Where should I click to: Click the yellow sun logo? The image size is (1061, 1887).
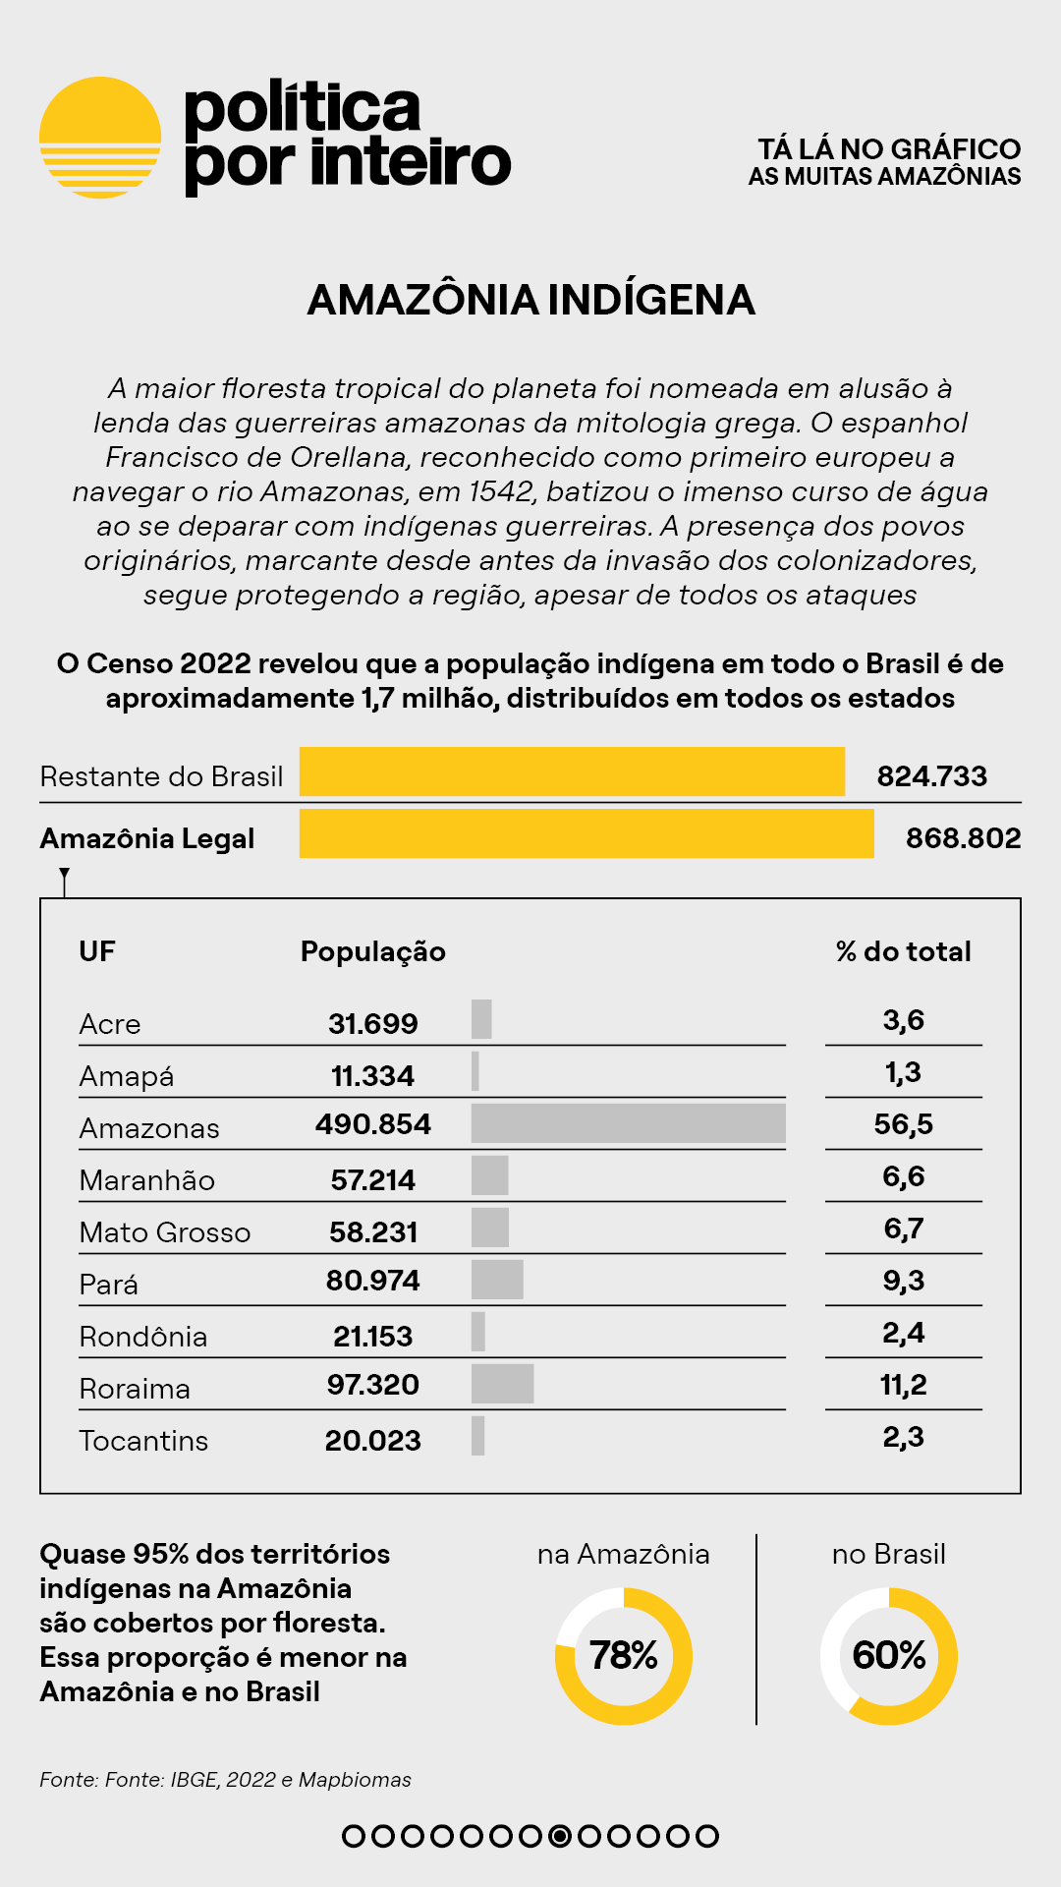pos(100,138)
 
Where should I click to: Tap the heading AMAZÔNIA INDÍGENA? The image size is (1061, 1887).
pos(530,300)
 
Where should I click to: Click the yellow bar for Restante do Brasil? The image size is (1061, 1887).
pos(572,772)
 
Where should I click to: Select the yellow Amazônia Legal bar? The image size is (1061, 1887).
pos(586,833)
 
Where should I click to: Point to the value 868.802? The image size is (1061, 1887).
pos(963,838)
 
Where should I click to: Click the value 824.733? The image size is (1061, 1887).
pos(931,776)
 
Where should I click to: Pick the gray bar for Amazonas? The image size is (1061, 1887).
pos(629,1123)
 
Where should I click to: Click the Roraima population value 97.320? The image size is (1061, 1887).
pos(373,1385)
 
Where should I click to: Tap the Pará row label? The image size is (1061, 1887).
pos(109,1285)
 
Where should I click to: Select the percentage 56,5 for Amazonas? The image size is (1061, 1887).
pos(904,1124)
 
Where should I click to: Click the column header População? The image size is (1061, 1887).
pos(373,951)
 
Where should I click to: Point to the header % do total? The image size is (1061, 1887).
pos(904,951)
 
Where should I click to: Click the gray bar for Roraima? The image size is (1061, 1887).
pos(502,1384)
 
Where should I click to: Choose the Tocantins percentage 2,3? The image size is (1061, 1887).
pos(904,1437)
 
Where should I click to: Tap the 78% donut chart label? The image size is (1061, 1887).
pos(624,1656)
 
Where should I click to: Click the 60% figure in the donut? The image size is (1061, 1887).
pos(889,1656)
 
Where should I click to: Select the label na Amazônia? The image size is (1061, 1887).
pos(624,1554)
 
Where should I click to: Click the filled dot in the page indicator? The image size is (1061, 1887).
pos(560,1836)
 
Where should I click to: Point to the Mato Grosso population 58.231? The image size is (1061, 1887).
pos(373,1232)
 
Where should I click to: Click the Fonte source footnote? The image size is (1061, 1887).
pos(225,1780)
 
